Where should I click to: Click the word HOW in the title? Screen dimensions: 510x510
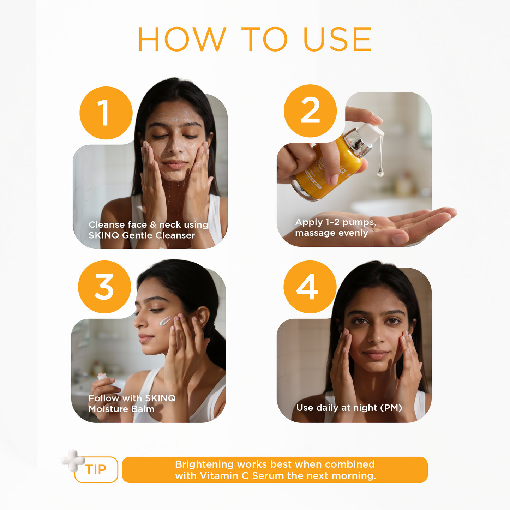point(181,39)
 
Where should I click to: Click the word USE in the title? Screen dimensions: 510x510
point(337,39)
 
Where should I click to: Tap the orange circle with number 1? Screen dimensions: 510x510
point(106,113)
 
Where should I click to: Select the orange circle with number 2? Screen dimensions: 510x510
point(310,111)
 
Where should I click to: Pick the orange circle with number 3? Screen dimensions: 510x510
point(104,287)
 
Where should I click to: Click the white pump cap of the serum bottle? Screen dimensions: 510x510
point(371,133)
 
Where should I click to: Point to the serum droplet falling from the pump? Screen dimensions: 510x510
point(380,172)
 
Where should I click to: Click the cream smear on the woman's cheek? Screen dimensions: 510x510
point(165,321)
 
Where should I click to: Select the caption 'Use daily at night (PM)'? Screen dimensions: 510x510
point(349,408)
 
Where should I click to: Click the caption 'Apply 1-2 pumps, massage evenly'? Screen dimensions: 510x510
point(335,228)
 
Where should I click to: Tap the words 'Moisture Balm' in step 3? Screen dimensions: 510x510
point(121,409)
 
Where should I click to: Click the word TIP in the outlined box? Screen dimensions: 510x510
point(96,470)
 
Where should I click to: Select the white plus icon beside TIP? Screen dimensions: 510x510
point(73,460)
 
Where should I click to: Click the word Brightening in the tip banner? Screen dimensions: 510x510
point(204,464)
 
